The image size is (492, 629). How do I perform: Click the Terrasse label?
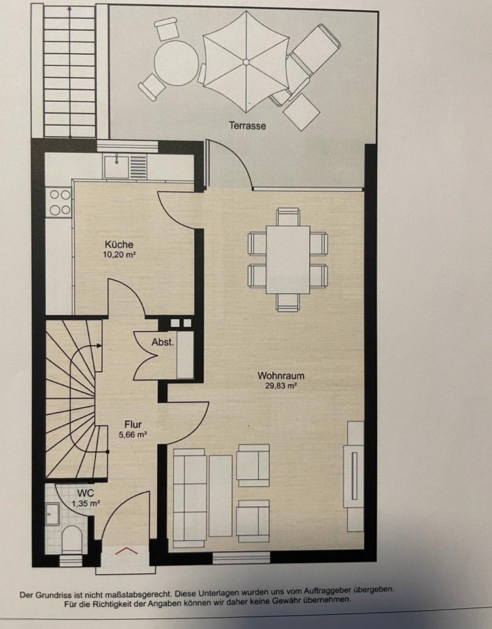(x=247, y=126)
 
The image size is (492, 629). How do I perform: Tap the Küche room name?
(x=119, y=244)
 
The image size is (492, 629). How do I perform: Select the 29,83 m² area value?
(x=281, y=386)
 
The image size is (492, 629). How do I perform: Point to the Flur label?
(x=133, y=425)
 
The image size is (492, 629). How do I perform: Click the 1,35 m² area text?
(x=85, y=503)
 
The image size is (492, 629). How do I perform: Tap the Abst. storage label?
(x=163, y=343)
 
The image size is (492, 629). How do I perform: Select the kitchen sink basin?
(x=117, y=167)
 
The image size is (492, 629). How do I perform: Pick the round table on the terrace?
(x=177, y=63)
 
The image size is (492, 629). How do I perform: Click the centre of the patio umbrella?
(x=246, y=62)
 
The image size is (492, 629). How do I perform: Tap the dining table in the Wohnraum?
(x=288, y=260)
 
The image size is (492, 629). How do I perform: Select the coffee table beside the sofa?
(x=221, y=496)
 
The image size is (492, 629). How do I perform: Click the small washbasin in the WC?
(x=52, y=514)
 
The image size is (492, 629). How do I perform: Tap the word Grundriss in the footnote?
(x=50, y=594)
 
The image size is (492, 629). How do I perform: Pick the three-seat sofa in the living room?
(x=190, y=498)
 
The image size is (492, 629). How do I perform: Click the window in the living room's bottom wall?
(x=241, y=557)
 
